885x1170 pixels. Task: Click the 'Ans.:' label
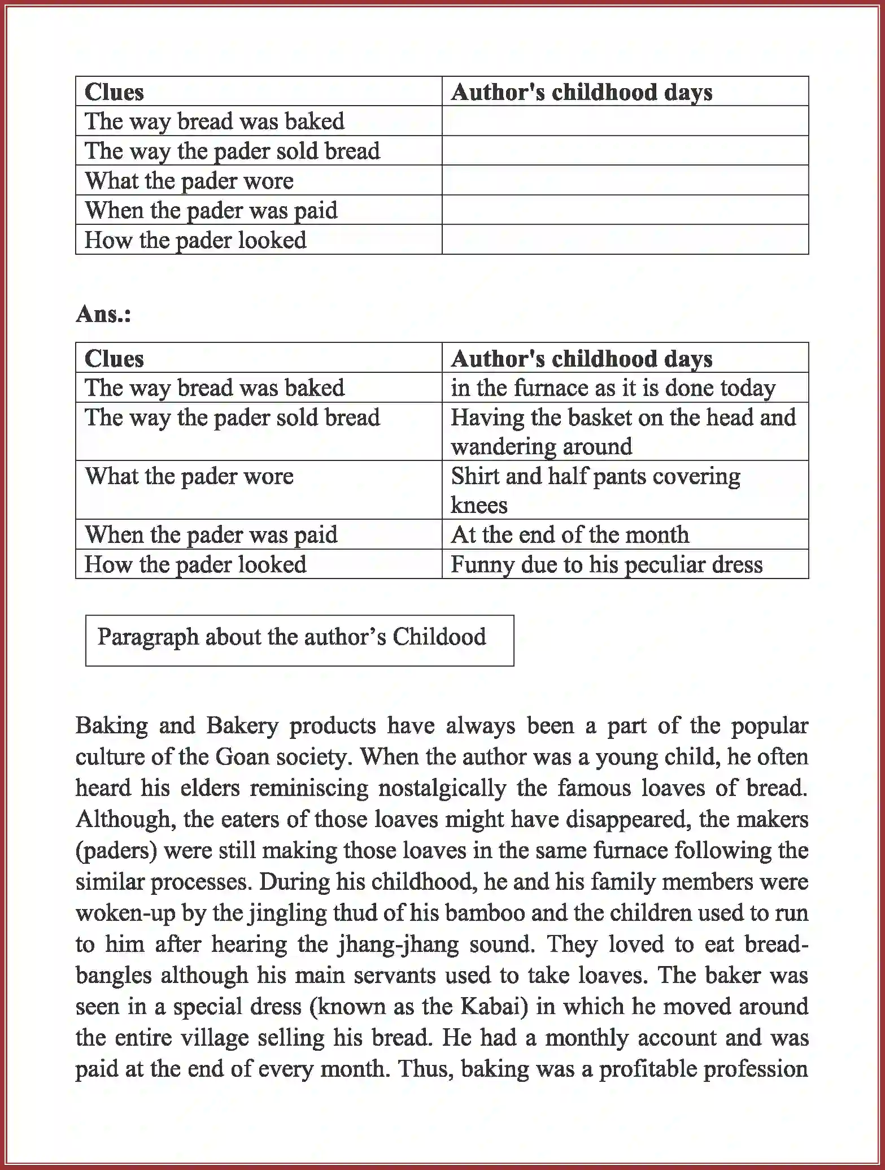(x=103, y=314)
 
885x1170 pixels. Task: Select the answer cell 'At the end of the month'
(x=569, y=534)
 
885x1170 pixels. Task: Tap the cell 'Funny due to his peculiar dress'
(x=606, y=564)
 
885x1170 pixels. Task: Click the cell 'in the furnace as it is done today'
(x=613, y=388)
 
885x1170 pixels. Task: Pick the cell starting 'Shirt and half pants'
(x=595, y=490)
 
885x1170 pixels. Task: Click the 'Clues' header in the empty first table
(x=114, y=92)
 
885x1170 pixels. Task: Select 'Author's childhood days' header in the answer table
(x=581, y=359)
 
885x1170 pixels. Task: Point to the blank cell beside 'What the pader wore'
(x=624, y=181)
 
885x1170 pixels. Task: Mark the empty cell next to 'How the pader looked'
(x=624, y=240)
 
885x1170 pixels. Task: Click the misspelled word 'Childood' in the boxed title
(x=439, y=637)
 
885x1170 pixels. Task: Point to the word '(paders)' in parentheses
(x=116, y=851)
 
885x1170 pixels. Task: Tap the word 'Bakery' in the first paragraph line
(x=242, y=726)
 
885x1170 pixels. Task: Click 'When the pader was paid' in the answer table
(x=211, y=535)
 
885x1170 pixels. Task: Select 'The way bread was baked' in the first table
(x=214, y=121)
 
